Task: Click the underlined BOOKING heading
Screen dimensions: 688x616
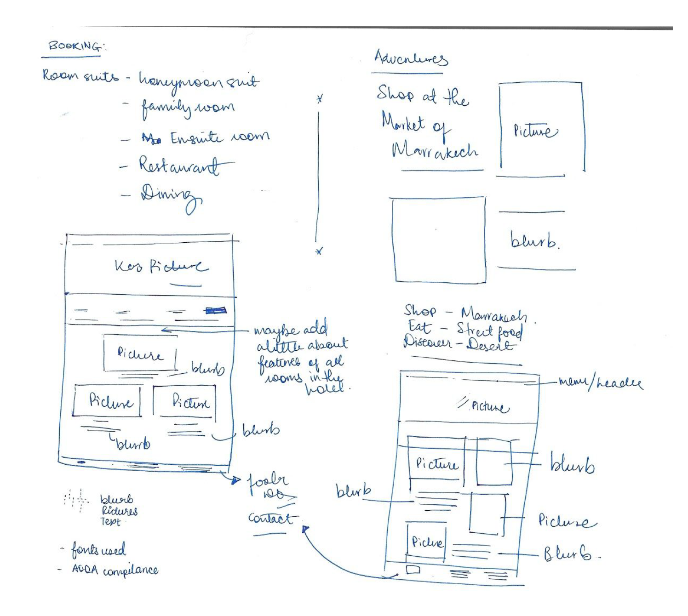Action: (75, 46)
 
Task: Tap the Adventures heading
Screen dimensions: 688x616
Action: (410, 59)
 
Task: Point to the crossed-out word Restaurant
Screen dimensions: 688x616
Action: (179, 165)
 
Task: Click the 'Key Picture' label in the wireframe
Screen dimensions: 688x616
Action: (161, 266)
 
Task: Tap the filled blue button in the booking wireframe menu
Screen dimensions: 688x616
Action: (216, 311)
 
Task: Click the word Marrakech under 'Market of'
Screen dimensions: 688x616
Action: (434, 150)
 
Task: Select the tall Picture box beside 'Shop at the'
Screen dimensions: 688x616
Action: (541, 128)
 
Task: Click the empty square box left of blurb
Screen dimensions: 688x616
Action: (439, 240)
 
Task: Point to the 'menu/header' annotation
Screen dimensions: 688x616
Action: (600, 382)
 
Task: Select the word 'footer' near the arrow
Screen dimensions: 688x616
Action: (268, 481)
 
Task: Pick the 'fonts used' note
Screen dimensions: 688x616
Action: (98, 550)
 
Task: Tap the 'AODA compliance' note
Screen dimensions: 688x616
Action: (115, 570)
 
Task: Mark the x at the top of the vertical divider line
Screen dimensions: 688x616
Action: (320, 98)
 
